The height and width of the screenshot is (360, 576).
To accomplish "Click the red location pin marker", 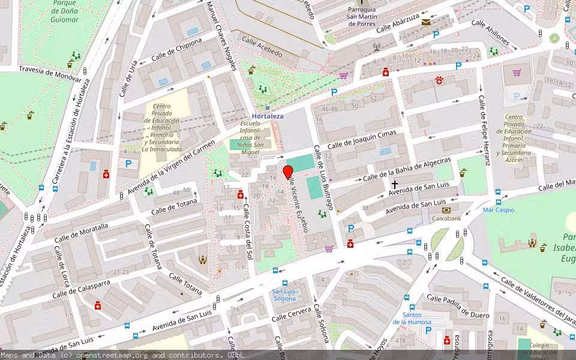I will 288,172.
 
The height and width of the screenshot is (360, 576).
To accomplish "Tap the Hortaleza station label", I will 267,116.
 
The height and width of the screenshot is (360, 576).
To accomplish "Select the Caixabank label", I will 446,218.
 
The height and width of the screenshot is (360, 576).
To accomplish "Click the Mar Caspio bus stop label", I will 498,210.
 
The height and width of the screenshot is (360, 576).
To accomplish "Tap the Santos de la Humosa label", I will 412,318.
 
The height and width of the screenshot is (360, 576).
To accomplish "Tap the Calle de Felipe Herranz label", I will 484,129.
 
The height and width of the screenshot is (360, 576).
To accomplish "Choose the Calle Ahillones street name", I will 490,33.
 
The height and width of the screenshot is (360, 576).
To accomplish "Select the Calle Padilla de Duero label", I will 458,306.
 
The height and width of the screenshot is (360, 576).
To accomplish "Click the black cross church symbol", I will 395,184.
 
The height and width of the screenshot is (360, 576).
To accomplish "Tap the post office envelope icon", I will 426,22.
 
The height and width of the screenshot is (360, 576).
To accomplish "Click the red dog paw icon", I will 439,79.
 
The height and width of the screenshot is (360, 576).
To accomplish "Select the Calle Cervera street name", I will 292,314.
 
